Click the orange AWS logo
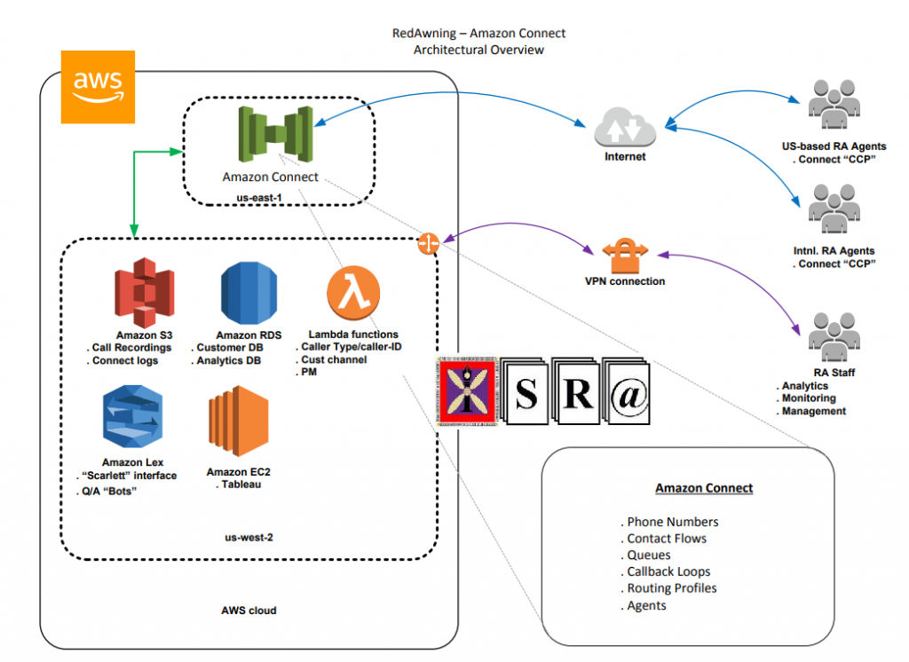[x=98, y=86]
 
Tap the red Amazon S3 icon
[x=144, y=292]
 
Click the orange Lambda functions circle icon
[x=352, y=294]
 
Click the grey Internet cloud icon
[x=625, y=128]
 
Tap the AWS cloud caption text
[x=249, y=611]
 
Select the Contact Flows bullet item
[x=666, y=539]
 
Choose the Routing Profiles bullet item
[x=669, y=588]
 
